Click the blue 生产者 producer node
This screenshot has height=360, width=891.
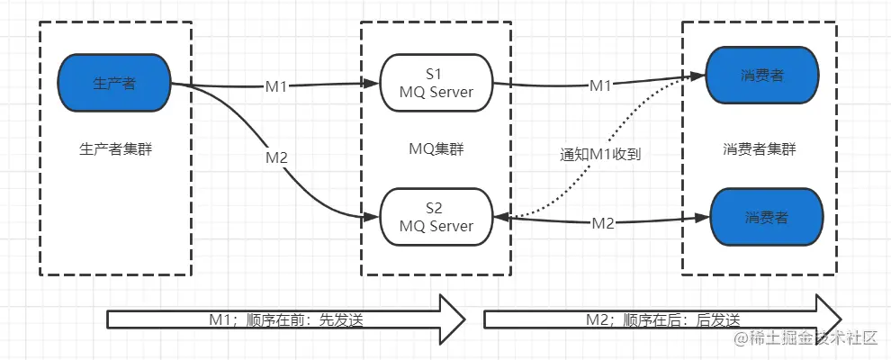pyautogui.click(x=114, y=83)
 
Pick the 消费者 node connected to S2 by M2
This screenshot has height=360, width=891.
pyautogui.click(x=767, y=217)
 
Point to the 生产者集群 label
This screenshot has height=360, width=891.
pyautogui.click(x=114, y=149)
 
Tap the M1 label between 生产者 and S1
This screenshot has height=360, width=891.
pyautogui.click(x=275, y=86)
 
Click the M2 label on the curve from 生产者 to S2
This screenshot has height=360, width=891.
pyautogui.click(x=276, y=157)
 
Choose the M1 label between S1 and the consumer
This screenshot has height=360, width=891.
pyautogui.click(x=600, y=85)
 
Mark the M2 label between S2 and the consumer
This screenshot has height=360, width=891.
pyautogui.click(x=603, y=223)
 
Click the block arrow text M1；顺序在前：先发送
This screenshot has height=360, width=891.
pyautogui.click(x=284, y=319)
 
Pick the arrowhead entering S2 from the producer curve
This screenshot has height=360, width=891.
pyautogui.click(x=373, y=217)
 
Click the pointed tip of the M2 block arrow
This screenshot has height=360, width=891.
pyautogui.click(x=840, y=319)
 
